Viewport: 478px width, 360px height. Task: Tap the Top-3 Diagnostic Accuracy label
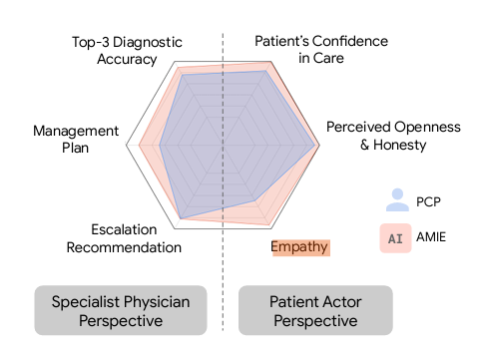coord(115,50)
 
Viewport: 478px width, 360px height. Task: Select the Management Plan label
coord(76,140)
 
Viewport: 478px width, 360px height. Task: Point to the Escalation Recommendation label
coord(124,237)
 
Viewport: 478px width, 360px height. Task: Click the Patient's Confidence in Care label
coord(321,50)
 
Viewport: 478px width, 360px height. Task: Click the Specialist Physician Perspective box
coord(120,310)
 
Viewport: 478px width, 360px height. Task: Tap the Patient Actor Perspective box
coord(314,310)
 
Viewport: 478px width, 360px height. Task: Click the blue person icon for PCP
coord(398,199)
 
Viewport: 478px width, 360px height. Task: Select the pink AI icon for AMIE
coord(398,238)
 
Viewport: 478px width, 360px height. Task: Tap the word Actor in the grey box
coord(338,300)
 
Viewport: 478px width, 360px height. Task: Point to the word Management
coord(76,131)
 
